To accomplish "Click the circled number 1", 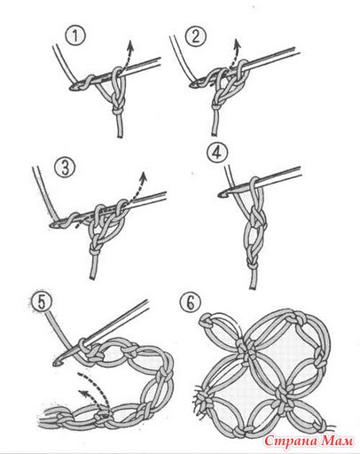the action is coord(75,36).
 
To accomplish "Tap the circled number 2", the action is coord(195,35).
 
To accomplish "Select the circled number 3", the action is coord(65,168).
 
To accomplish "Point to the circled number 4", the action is coord(217,153).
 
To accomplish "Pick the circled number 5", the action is coord(42,301).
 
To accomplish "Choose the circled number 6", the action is coord(190,301).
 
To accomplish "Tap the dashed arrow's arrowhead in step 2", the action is coord(237,44).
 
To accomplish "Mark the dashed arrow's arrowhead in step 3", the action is coord(144,176).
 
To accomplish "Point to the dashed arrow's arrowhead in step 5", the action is coord(83,393).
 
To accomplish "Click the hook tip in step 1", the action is coord(73,88).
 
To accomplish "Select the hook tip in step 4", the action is coord(221,194).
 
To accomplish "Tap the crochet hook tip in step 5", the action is coord(56,364).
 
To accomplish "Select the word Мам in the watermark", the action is coord(337,442).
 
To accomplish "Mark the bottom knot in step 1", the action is coord(118,111).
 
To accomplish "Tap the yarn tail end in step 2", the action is coord(215,134).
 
